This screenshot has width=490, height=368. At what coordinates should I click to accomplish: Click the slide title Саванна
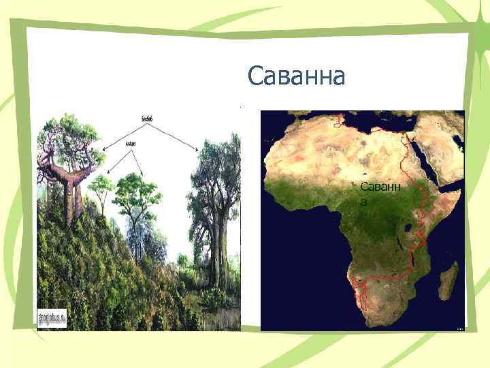click(297, 76)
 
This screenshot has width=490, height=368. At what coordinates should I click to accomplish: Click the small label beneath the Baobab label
click(131, 143)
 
